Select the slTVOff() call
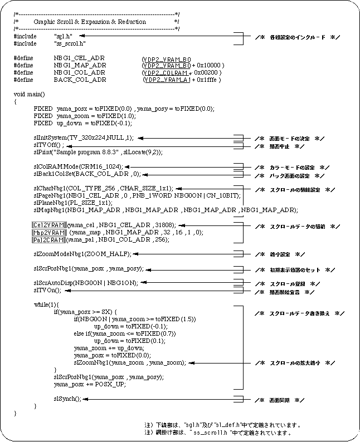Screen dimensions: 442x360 pyautogui.click(x=49, y=145)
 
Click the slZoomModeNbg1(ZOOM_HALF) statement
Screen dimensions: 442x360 pyautogui.click(x=82, y=254)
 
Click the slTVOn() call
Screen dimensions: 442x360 pyautogui.click(x=47, y=290)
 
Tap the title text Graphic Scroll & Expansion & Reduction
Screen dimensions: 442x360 pyautogui.click(x=90, y=22)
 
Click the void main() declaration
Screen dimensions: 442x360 pyautogui.click(x=29, y=94)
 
